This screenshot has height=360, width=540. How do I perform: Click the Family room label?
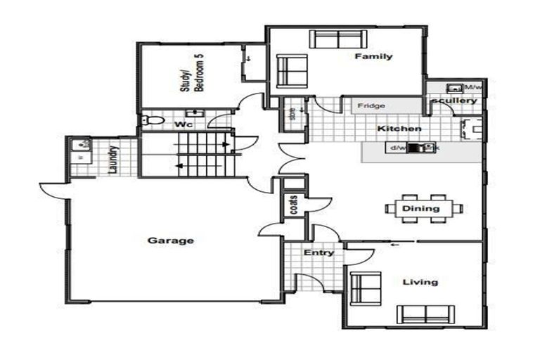(373, 56)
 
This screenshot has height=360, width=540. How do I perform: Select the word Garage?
(170, 240)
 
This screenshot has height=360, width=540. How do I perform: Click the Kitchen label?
(399, 129)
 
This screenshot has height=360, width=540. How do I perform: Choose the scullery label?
(454, 101)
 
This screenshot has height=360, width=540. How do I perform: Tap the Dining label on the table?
(421, 208)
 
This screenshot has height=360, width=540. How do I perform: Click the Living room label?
(420, 282)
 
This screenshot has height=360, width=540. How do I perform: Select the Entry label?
(319, 252)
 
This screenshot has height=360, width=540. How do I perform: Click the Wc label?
(184, 124)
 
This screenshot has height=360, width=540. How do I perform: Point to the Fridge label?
(371, 106)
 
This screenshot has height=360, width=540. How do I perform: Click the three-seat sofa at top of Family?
(335, 39)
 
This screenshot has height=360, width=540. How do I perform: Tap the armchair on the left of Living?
(365, 289)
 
